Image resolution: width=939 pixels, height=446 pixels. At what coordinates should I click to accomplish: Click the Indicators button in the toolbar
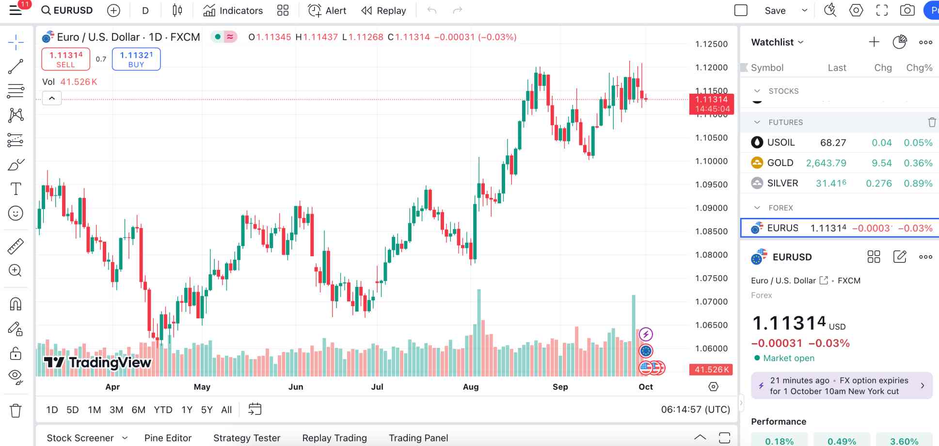pyautogui.click(x=233, y=11)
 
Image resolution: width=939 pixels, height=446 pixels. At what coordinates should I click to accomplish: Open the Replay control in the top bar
pyautogui.click(x=383, y=11)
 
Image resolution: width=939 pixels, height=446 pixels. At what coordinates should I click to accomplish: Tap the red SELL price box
pyautogui.click(x=66, y=59)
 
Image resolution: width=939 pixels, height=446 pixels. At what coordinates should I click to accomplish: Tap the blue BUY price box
pyautogui.click(x=136, y=59)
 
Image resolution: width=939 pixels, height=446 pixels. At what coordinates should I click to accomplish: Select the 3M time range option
pyautogui.click(x=116, y=410)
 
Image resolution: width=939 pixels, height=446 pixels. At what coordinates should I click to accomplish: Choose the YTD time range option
pyautogui.click(x=163, y=410)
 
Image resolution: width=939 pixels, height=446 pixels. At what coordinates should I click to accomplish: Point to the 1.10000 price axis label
pyautogui.click(x=711, y=161)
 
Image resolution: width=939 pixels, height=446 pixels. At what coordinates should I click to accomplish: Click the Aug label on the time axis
pyautogui.click(x=471, y=387)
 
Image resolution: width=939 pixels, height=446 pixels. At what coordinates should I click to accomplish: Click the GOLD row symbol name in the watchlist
pyautogui.click(x=780, y=163)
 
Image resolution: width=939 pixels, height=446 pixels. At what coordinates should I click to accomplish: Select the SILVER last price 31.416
pyautogui.click(x=831, y=183)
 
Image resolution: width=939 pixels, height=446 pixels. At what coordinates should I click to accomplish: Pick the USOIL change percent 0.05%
pyautogui.click(x=918, y=143)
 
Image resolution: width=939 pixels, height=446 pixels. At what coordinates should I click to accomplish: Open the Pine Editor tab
pyautogui.click(x=168, y=438)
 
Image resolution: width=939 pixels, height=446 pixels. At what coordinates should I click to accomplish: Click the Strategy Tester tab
pyautogui.click(x=247, y=438)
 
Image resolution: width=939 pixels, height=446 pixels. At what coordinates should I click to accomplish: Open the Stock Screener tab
pyautogui.click(x=80, y=438)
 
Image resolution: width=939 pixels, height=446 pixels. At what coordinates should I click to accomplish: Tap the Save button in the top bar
pyautogui.click(x=775, y=11)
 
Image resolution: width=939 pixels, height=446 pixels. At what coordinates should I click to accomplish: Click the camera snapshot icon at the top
pyautogui.click(x=907, y=11)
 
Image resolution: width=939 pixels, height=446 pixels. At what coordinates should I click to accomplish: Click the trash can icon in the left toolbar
pyautogui.click(x=16, y=411)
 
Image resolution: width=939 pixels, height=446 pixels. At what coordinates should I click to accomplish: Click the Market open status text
pyautogui.click(x=789, y=358)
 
